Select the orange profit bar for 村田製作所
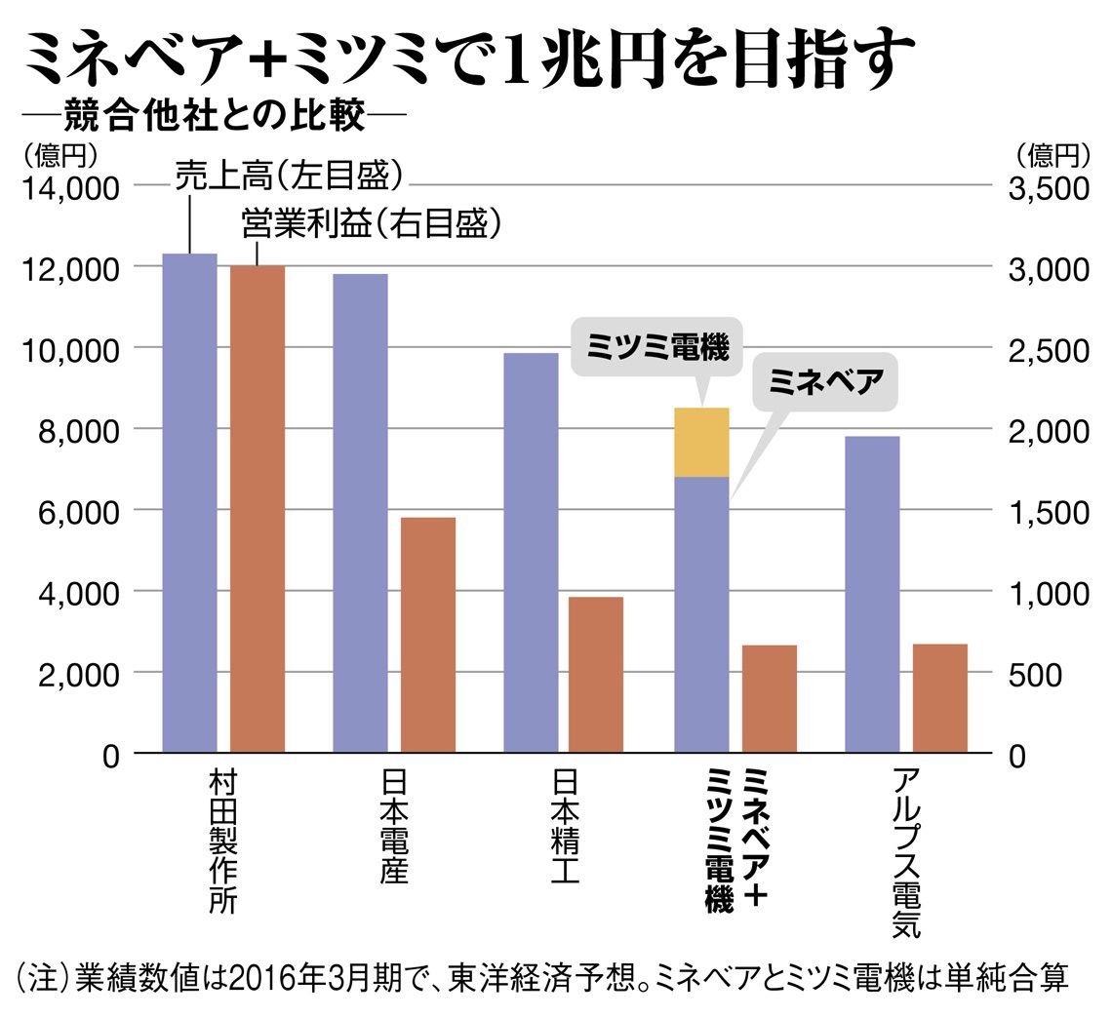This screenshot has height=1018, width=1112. [x=258, y=508]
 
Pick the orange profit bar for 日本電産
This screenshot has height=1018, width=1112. [x=428, y=634]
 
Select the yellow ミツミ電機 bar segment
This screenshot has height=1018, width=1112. [x=702, y=442]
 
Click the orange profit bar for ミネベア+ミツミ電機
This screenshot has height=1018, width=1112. [x=770, y=698]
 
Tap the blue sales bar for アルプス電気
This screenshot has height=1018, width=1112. [x=872, y=594]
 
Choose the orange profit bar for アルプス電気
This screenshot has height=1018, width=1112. [x=940, y=697]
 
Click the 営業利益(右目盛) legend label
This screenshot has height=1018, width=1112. [x=372, y=225]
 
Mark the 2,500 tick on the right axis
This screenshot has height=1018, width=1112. [x=1046, y=349]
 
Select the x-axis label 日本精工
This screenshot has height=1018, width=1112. [x=565, y=828]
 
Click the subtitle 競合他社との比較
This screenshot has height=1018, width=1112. [x=214, y=119]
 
